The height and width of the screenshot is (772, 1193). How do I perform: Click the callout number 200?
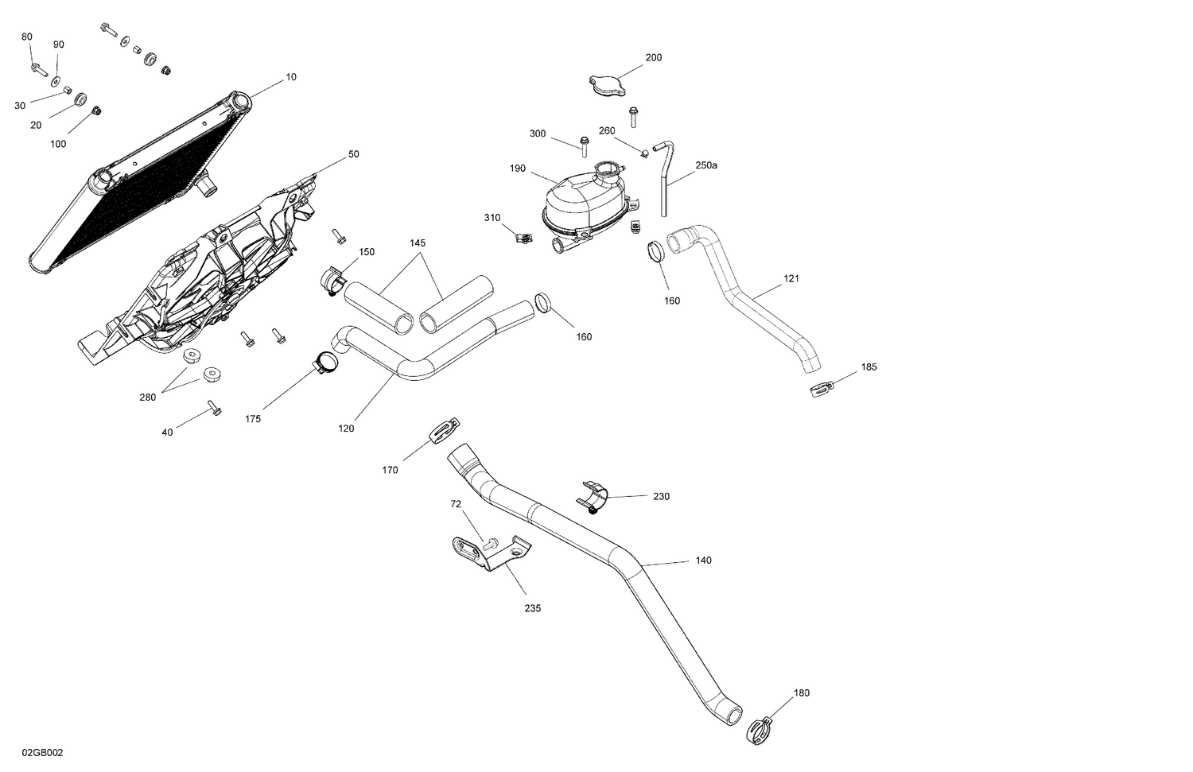(653, 57)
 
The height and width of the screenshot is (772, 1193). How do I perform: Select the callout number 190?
(518, 169)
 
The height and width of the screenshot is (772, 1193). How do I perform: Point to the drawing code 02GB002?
(43, 752)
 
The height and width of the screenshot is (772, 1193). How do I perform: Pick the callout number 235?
(532, 608)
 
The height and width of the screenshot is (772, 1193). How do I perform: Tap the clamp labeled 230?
(593, 496)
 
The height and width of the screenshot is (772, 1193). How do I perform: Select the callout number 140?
(703, 561)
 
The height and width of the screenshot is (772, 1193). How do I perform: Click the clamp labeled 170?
(442, 432)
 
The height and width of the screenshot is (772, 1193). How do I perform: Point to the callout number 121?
(791, 279)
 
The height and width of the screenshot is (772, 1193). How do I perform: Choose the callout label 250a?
(706, 165)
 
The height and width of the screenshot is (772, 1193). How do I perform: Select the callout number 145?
(418, 242)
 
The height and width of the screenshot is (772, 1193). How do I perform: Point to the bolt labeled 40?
(214, 409)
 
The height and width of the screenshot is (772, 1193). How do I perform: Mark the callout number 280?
(148, 397)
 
